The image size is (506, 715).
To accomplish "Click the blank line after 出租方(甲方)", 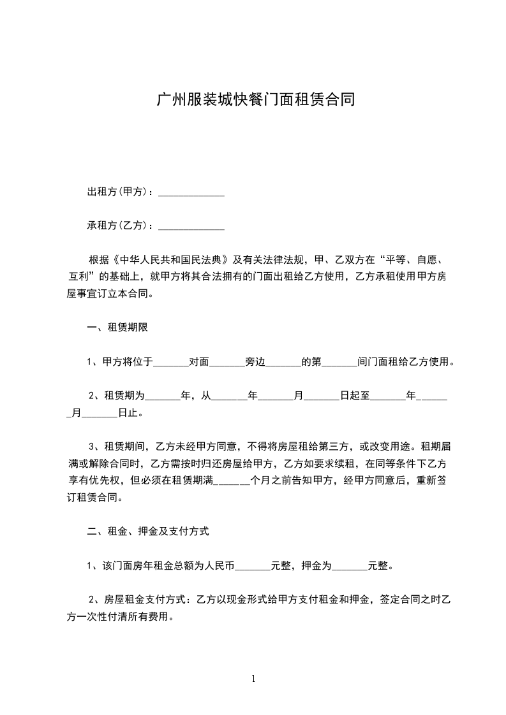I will [x=191, y=192].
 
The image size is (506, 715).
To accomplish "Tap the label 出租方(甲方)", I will [x=118, y=192].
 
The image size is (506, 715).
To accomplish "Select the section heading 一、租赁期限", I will [x=118, y=328].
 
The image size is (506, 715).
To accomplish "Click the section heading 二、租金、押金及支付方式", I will [x=148, y=530].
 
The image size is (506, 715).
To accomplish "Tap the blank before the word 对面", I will [x=171, y=363].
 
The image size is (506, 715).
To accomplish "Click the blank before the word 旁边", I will [x=227, y=363].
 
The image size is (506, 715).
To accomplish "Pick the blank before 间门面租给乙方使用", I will [x=340, y=363].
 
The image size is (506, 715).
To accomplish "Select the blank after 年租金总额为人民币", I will [x=253, y=565].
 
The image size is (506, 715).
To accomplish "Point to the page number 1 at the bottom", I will [x=253, y=679].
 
